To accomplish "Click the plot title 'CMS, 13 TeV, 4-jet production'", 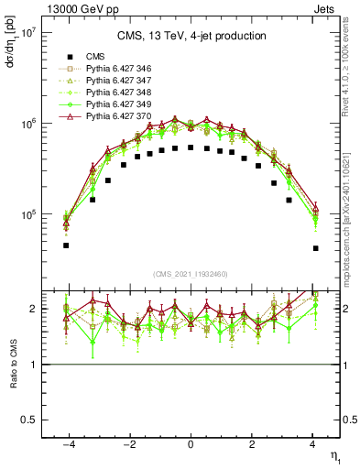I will (x=191, y=36).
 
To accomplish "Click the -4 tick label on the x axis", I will (x=66, y=444).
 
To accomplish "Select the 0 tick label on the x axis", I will (x=191, y=444).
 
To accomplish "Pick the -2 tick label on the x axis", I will (x=127, y=444).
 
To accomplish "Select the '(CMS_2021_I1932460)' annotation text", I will (x=191, y=274).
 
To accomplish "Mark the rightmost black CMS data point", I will (x=315, y=248).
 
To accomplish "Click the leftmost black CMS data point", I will (x=66, y=245).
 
